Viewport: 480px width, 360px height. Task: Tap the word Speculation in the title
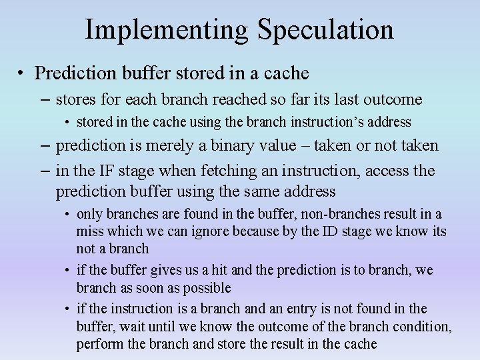click(x=325, y=30)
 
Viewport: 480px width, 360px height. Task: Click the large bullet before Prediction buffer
click(x=22, y=73)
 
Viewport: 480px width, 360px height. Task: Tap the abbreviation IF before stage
click(x=105, y=171)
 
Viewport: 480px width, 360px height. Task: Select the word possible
click(x=207, y=289)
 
